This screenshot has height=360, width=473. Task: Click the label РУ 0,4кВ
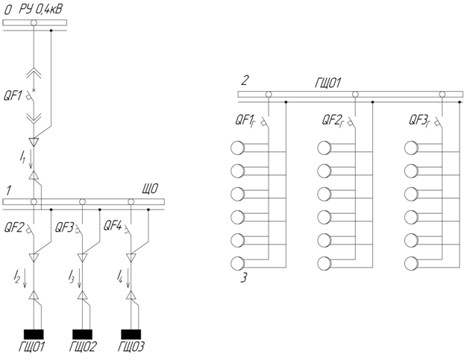(x=41, y=10)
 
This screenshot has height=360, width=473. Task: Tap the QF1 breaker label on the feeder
(x=13, y=96)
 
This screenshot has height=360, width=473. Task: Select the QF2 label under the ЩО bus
(x=14, y=227)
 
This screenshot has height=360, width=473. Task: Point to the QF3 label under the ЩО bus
(x=64, y=227)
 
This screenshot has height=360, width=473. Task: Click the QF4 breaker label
(x=113, y=225)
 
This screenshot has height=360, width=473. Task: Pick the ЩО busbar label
(x=150, y=189)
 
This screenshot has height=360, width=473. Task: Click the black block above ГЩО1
(x=34, y=335)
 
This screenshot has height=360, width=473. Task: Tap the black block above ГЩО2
(x=82, y=335)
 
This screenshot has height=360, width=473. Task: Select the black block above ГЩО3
(x=131, y=335)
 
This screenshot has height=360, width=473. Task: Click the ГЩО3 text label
(x=131, y=347)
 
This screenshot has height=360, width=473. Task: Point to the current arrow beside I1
(x=31, y=160)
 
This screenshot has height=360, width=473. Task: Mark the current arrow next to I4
(x=128, y=278)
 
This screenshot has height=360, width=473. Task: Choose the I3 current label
(x=71, y=277)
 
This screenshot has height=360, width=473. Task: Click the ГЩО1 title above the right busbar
(x=328, y=83)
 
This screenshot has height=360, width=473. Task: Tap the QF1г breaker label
(x=245, y=121)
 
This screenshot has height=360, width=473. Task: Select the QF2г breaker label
(x=333, y=121)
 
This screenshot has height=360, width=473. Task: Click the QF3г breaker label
(x=419, y=121)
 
